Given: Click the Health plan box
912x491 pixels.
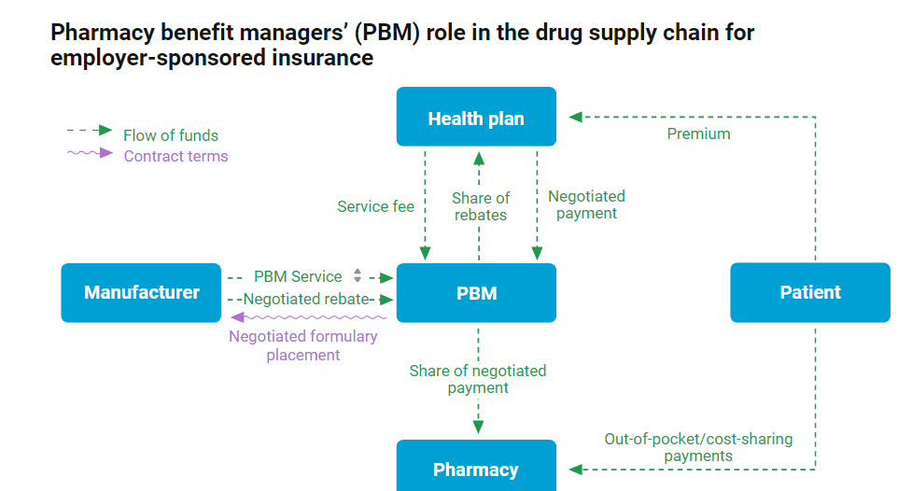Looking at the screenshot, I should [x=476, y=118].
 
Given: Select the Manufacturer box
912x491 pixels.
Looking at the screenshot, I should [x=141, y=292].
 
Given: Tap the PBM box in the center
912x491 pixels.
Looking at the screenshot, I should [x=476, y=293].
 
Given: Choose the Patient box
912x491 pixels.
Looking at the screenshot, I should [x=810, y=292].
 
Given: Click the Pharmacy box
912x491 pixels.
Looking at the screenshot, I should [x=476, y=469].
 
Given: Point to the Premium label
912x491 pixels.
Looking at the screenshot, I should [x=698, y=133].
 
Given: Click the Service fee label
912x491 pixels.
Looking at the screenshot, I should [x=375, y=206].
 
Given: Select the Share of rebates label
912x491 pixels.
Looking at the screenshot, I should [x=481, y=206].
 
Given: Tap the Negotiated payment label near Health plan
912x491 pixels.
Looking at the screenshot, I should [x=586, y=204].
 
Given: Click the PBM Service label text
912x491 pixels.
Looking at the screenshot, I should [x=298, y=276].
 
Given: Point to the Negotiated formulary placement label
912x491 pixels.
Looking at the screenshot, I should [x=303, y=345].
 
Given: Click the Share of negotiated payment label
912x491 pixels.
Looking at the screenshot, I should [x=478, y=379].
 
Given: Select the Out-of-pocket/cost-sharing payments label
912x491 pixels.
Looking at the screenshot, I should [x=698, y=447].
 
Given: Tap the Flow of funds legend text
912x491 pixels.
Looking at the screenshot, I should [x=171, y=135].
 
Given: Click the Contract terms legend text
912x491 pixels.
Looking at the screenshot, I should [x=175, y=156].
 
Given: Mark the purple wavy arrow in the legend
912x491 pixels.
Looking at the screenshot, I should [x=91, y=153].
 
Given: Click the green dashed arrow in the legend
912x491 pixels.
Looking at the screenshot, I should [x=91, y=132].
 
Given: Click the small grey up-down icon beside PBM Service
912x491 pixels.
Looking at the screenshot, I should [x=357, y=275].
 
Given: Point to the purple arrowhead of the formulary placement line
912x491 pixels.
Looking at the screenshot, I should [x=236, y=317].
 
